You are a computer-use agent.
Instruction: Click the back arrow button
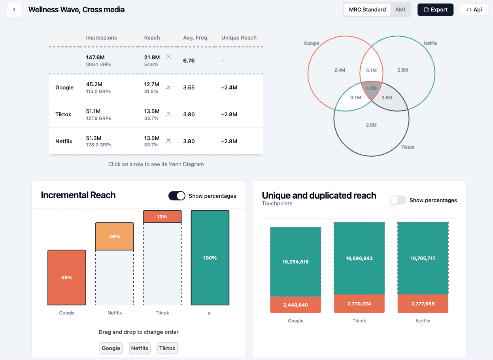coord(14,10)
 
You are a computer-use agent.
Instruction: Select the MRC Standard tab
coord(367,10)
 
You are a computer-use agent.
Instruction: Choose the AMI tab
coord(400,10)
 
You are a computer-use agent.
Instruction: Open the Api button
coord(474,10)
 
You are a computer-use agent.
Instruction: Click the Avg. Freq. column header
coord(196,38)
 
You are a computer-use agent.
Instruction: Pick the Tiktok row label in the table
coord(63,114)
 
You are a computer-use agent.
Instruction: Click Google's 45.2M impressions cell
coord(94,84)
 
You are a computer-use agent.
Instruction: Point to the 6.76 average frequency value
coord(189,61)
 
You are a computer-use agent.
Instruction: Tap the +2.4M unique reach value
coord(229,87)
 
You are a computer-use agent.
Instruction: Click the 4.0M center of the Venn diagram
coord(371,88)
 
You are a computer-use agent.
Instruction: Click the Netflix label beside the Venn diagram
coord(430,43)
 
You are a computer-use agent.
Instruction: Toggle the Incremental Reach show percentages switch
coord(177,196)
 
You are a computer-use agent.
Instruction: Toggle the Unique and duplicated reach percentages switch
coord(398,200)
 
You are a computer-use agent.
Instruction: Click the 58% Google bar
coord(67,278)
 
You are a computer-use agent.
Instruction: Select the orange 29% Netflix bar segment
coord(114,237)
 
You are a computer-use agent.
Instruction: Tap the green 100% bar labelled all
coord(210,258)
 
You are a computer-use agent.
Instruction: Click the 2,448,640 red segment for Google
coord(295,305)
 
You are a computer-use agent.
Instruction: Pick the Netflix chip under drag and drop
coord(140,348)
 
